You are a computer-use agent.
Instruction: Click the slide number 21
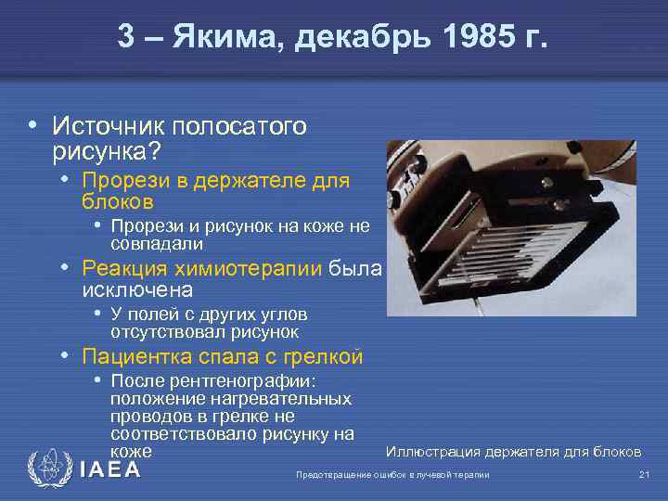[x=644, y=475]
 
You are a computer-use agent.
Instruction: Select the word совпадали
[x=157, y=244]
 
